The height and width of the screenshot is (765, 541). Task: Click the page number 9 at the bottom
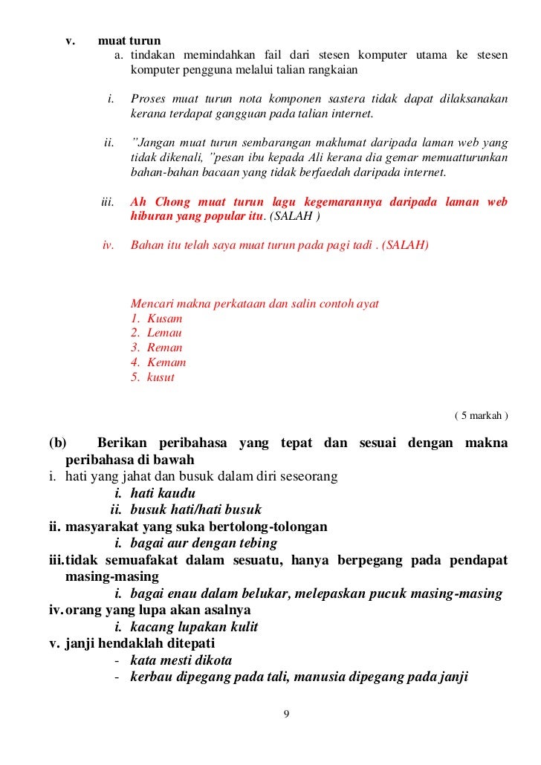coord(287,714)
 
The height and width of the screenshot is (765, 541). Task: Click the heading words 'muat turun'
coord(129,40)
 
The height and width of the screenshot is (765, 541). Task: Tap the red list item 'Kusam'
coord(164,318)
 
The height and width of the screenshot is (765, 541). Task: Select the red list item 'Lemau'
coord(164,333)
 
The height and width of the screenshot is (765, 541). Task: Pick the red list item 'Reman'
coord(164,348)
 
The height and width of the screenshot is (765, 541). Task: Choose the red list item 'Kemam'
coord(166,362)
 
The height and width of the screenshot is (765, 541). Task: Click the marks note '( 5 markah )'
coord(480,415)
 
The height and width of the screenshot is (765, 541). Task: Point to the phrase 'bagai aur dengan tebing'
coord(204,543)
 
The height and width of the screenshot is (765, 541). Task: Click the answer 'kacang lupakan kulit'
coord(194,627)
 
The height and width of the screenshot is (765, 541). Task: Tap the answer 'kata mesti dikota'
coord(181,660)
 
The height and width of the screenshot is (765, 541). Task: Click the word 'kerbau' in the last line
coord(151,677)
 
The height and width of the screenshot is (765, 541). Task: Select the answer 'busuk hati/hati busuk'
coord(195,510)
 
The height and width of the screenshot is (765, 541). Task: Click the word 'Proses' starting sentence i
coord(149,99)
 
